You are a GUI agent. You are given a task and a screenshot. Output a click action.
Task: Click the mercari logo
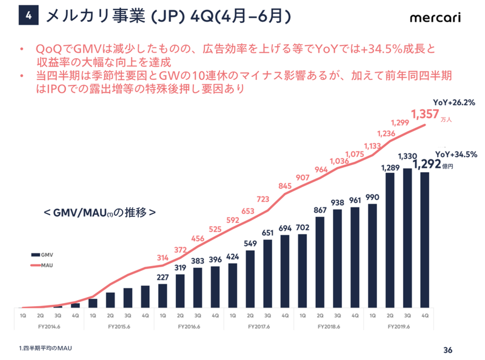point(435,18)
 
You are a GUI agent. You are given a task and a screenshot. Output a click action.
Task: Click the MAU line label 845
point(284,187)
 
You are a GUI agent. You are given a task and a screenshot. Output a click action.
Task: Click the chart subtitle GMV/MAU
point(100,213)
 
